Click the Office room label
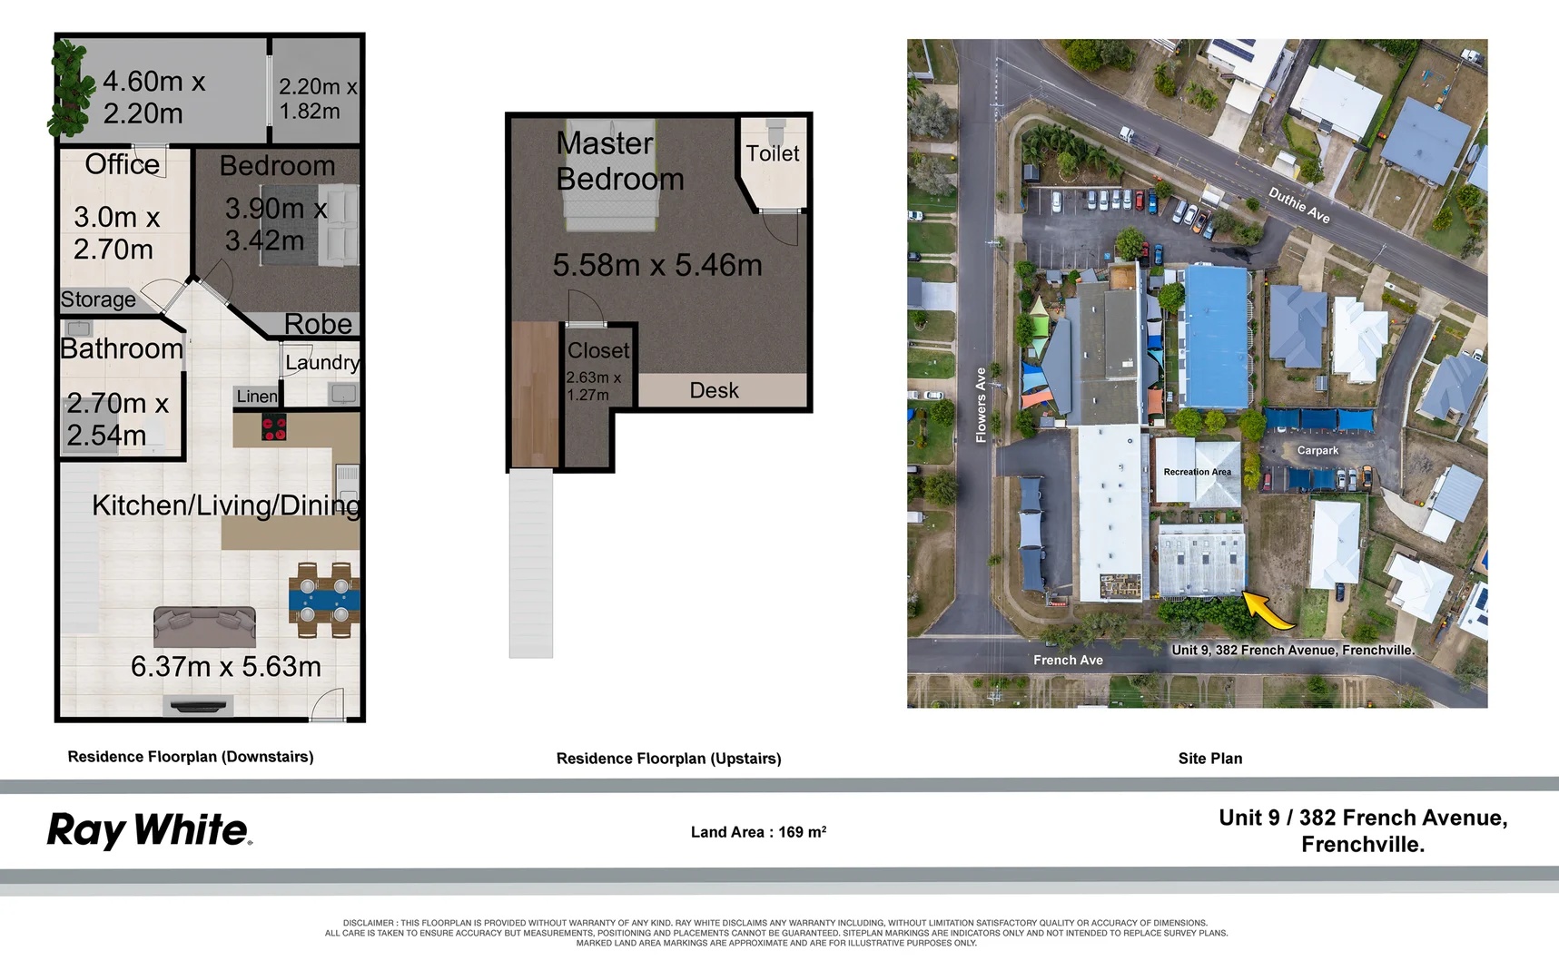pos(122,164)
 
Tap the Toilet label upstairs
pos(773,153)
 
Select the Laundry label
pos(322,363)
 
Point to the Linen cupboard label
pos(257,397)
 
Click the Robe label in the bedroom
pos(318,324)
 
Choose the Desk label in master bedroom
pos(714,390)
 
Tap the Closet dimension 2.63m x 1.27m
pos(594,386)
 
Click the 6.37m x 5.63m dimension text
pos(226,667)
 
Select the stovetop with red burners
pos(274,426)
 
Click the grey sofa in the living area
pos(204,626)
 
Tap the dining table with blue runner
pos(324,599)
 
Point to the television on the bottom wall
pos(199,705)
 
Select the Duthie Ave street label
pos(1299,205)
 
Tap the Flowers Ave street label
pos(981,405)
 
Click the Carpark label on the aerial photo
pos(1317,450)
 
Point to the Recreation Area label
pos(1198,472)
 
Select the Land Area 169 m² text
pos(758,831)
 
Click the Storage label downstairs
pos(98,299)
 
